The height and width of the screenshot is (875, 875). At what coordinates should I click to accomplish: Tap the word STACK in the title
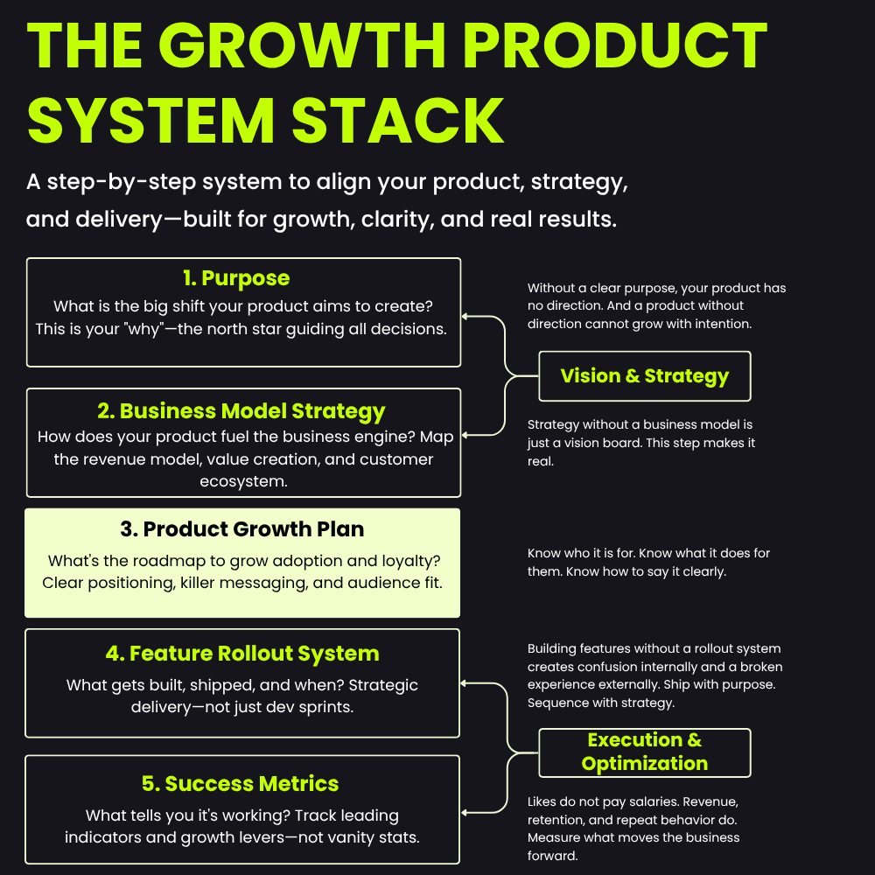(398, 121)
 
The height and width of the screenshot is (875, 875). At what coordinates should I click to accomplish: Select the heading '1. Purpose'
(236, 278)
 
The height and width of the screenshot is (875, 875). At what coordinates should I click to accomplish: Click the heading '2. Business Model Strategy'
(241, 411)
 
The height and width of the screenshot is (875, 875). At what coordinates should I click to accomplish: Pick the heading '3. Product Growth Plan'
(242, 529)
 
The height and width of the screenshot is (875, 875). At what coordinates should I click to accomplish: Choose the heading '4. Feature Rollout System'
(242, 654)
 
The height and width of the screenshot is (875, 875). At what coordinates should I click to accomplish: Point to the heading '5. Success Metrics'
(240, 783)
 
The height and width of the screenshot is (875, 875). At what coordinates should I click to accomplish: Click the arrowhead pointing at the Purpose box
(465, 317)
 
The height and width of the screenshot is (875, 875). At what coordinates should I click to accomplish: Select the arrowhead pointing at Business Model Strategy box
(465, 435)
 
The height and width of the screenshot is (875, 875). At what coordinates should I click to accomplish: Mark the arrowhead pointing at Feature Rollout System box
(464, 683)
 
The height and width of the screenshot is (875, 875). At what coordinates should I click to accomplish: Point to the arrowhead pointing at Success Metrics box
(464, 813)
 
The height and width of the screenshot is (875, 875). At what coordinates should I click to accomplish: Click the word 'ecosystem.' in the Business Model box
(243, 481)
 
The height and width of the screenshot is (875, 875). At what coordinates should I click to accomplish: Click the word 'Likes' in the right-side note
(542, 801)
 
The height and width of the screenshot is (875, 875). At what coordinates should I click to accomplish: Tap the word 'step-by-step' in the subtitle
(122, 183)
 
